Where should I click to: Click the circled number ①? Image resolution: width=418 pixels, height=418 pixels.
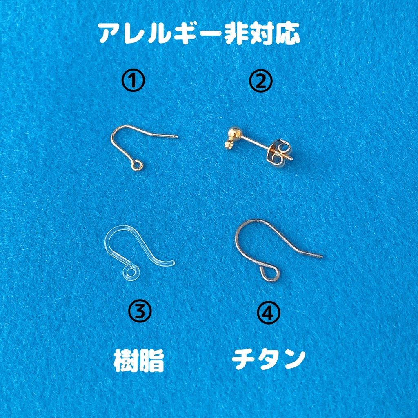(133, 82)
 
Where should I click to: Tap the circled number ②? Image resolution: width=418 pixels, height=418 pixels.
(260, 82)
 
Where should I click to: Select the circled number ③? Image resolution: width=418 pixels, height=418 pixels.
(140, 311)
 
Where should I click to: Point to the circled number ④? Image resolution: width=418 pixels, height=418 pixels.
(268, 313)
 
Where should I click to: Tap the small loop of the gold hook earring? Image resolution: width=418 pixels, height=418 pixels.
(138, 165)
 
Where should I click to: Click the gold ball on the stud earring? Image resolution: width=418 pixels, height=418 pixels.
(233, 133)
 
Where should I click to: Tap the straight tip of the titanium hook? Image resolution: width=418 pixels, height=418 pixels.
(318, 256)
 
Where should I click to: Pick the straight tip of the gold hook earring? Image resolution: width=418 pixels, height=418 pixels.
(173, 136)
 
